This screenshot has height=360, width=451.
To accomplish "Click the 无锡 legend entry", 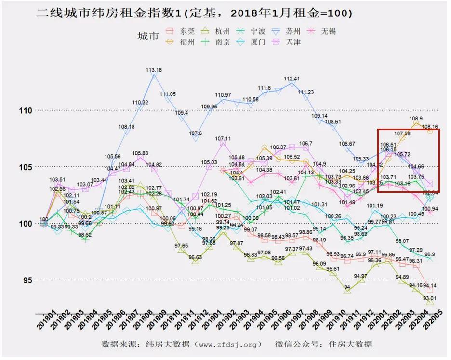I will (x=322, y=31).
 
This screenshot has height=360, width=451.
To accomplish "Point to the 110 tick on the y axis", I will (x=26, y=111).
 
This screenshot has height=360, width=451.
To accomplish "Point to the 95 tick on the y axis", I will (x=27, y=280).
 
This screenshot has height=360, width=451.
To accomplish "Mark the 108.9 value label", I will (x=416, y=119).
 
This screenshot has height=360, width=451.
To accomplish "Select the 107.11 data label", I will (x=223, y=139).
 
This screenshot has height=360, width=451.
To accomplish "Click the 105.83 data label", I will (x=140, y=154).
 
